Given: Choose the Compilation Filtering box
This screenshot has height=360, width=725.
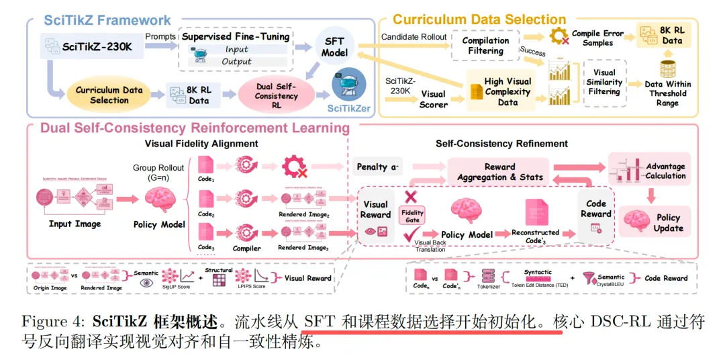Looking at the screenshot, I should tap(485, 45).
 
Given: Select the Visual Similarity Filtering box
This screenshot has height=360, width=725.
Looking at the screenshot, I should tap(604, 83).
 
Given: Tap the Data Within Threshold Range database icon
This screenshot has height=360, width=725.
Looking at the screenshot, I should tap(669, 69).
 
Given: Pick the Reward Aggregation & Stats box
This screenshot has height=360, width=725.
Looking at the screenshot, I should tap(500, 172).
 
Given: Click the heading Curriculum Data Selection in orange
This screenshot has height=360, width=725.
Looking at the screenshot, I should tap(479, 20).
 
